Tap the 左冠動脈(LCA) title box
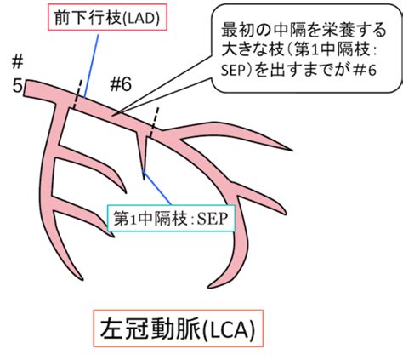click(179, 329)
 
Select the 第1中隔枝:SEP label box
click(171, 218)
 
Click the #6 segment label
click(121, 84)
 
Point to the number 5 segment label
click(17, 86)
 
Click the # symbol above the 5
click(17, 62)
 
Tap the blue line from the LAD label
click(91, 66)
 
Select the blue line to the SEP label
click(156, 187)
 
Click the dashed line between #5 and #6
click(77, 94)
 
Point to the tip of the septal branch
click(144, 180)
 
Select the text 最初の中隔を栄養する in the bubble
click(304, 30)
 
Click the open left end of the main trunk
click(25, 89)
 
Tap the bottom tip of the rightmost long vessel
click(209, 287)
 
